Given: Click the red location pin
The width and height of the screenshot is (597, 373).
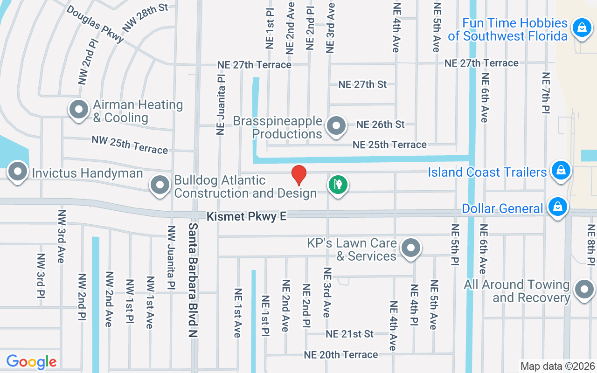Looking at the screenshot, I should (x=298, y=175).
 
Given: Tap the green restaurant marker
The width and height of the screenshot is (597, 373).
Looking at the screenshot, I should (x=338, y=185).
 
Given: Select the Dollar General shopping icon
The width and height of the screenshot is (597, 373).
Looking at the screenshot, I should (x=558, y=206).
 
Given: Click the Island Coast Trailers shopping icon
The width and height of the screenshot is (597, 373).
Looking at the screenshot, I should (x=561, y=170).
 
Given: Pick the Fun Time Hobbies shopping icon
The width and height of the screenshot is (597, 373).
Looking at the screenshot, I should (x=582, y=27).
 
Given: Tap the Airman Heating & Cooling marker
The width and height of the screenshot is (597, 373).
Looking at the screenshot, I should (x=79, y=110).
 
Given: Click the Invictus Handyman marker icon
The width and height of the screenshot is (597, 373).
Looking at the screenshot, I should (x=18, y=172).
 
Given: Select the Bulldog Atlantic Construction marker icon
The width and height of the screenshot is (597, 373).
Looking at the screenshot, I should (x=160, y=185).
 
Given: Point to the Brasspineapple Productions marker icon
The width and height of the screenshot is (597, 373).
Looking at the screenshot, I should (x=336, y=126).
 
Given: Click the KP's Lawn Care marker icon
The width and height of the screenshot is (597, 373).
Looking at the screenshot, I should (x=411, y=248).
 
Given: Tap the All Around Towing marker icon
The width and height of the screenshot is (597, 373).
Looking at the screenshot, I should (x=584, y=290).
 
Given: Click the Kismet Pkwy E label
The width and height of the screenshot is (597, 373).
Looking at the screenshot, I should (x=247, y=216).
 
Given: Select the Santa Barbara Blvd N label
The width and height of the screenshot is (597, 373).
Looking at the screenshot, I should (x=194, y=280).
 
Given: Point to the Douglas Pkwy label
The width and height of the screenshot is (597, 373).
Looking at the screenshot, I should (x=95, y=24).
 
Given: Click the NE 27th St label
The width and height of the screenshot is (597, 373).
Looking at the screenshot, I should (x=362, y=84).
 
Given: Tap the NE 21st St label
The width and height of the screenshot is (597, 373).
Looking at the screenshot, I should (x=350, y=334).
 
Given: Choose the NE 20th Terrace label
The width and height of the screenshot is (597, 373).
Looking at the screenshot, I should (x=341, y=355).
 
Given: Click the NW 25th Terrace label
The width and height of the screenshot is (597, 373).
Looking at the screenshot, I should (x=130, y=145).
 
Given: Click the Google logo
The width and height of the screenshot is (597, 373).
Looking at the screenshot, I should (x=31, y=362).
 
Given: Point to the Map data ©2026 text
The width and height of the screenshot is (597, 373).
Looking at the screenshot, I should (x=558, y=366).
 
